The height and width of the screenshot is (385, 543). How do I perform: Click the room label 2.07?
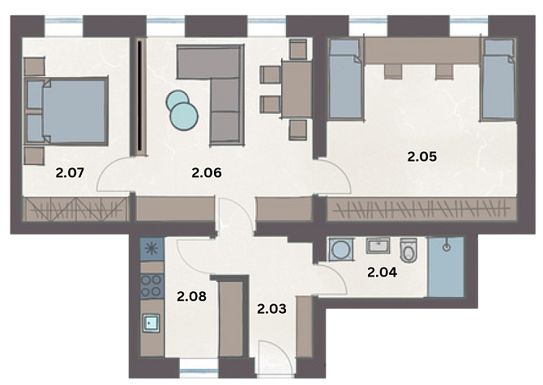(x=70, y=172)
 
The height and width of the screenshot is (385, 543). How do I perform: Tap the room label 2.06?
(x=207, y=172)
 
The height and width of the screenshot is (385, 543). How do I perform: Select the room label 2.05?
(x=421, y=157)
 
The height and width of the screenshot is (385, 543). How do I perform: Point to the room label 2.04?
(x=382, y=273)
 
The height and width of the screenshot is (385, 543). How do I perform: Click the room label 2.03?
(x=271, y=309)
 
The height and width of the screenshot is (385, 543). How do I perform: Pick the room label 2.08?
(x=191, y=296)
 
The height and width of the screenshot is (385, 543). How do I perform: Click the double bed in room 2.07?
(x=66, y=111)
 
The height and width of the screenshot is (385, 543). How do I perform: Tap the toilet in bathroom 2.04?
(x=408, y=250)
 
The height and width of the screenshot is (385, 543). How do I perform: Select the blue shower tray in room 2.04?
(x=446, y=267)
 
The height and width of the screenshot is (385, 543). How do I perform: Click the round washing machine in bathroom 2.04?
(x=341, y=248)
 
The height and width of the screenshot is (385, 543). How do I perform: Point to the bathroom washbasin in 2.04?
(x=378, y=245)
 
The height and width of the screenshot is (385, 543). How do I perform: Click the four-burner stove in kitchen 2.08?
(x=152, y=286)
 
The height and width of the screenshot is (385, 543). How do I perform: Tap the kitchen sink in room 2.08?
(x=151, y=324)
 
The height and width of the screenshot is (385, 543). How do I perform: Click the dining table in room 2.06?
(x=297, y=89)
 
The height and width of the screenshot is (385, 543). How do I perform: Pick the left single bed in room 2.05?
(x=344, y=80)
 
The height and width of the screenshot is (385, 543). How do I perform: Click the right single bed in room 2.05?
(x=498, y=80)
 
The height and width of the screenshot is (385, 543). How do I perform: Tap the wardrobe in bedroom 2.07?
(x=75, y=209)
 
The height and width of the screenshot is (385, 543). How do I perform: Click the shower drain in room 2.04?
(x=447, y=247)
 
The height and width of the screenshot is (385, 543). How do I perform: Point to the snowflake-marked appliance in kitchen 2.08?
(x=152, y=249)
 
